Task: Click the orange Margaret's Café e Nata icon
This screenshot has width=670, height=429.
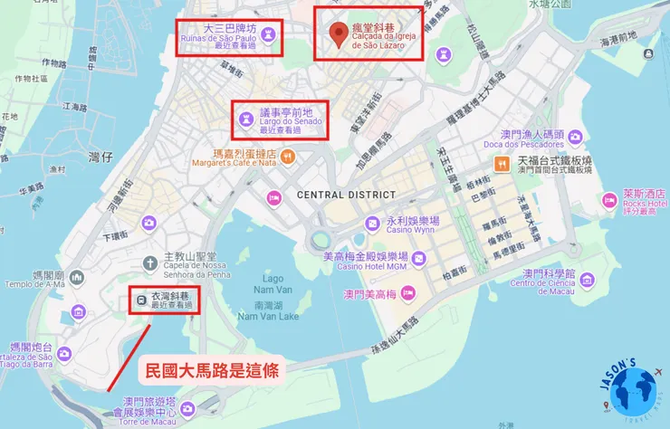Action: (287, 157)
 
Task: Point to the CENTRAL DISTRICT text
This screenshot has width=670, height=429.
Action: (334, 195)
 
